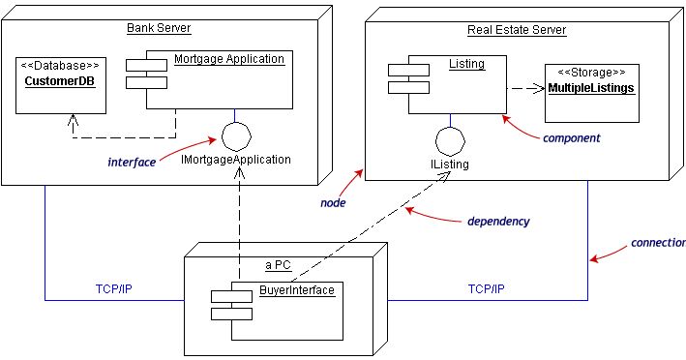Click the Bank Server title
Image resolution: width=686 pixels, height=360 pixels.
coord(160,27)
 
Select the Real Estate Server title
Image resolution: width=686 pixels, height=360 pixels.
coord(517,30)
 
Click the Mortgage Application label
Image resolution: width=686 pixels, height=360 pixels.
coord(229,59)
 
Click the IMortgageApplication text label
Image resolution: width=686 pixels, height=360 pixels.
coord(236,159)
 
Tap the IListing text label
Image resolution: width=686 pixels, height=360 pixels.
coord(450,165)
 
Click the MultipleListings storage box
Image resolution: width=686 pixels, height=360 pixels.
coord(591,94)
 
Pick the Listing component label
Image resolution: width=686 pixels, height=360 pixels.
coord(466,64)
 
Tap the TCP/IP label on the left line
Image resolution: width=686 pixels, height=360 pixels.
coord(115,289)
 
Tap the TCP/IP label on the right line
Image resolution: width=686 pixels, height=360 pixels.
coord(486,289)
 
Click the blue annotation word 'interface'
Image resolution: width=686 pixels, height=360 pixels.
coord(132,163)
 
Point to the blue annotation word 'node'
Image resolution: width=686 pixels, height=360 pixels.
coord(333,203)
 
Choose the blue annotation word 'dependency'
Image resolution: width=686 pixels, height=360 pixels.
coord(498,222)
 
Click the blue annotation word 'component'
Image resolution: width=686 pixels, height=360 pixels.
coord(571,138)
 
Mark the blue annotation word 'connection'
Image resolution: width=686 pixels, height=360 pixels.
coord(658,242)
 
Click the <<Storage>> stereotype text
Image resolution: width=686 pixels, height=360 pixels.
coord(592,73)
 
